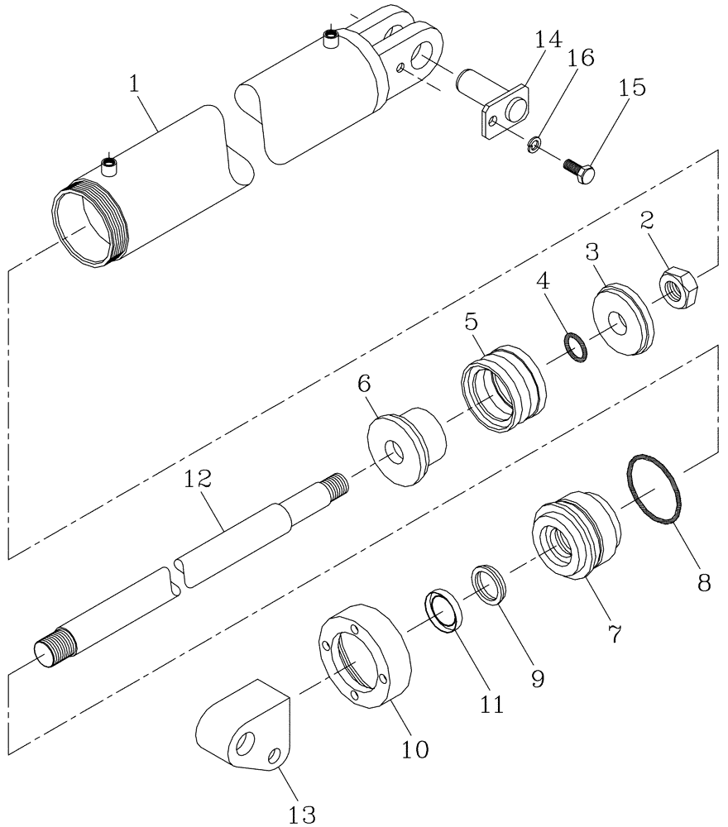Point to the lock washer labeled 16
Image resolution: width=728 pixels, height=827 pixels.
pyautogui.click(x=535, y=146)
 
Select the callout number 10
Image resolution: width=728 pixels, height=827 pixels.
pyautogui.click(x=416, y=748)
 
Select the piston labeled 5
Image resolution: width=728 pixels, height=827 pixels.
pyautogui.click(x=503, y=389)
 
